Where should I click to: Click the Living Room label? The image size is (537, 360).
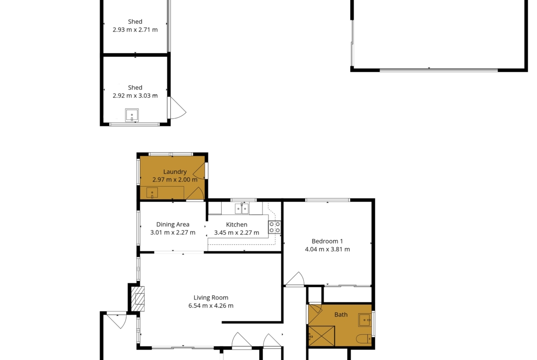pos(211,298)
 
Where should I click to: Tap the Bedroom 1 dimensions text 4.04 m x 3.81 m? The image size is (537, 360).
pos(327,249)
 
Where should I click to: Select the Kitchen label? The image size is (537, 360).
pos(237,225)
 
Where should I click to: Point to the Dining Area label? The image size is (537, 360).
pos(173,225)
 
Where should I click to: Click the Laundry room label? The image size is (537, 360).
pos(175,172)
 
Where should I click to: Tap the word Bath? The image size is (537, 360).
pos(341,315)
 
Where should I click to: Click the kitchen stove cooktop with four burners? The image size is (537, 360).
pos(274,227)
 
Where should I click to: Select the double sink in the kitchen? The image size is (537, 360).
pos(242,208)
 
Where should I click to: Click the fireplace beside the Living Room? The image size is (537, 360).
pos(138,299)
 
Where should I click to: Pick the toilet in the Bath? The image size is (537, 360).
pos(364,339)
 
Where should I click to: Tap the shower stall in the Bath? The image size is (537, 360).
pos(322,336)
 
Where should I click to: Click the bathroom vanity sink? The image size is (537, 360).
pos(365,320)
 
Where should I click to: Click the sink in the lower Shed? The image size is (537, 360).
pos(132,115)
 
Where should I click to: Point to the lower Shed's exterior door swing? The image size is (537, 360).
pos(177,108)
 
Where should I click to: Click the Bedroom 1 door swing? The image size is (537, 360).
pos(295,278)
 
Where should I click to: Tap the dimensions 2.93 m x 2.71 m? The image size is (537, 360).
pos(135,30)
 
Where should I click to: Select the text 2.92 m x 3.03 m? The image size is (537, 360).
pos(135,96)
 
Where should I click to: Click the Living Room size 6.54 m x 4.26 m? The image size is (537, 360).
pos(211,306)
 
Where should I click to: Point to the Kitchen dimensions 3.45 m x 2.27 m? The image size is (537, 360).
pos(237,233)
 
